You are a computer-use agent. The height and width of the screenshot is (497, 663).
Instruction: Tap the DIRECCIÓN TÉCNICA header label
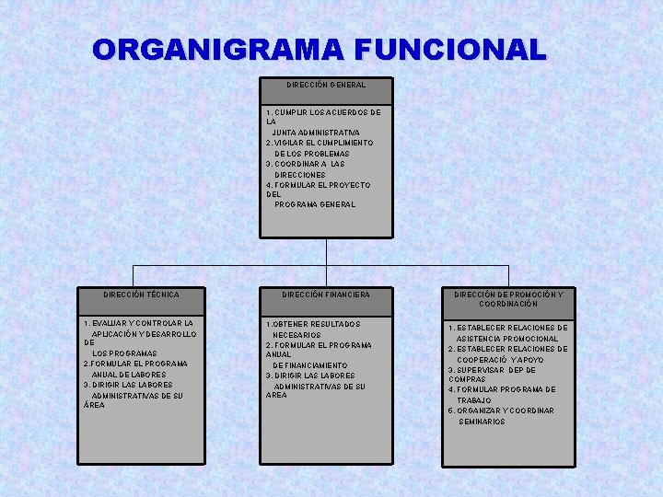(x=141, y=295)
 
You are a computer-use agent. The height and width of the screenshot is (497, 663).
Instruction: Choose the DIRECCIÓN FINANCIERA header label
(x=326, y=295)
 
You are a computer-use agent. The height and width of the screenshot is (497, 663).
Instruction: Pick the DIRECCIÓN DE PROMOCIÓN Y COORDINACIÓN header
(x=508, y=299)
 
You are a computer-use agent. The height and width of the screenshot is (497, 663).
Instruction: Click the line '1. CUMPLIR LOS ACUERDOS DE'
(x=323, y=112)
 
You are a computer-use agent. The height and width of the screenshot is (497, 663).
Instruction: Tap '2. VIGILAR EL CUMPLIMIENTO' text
(x=320, y=144)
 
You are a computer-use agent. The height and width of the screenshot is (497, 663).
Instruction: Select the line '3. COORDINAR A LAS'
(x=306, y=164)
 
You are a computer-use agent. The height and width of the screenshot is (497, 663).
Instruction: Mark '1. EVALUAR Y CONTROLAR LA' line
(x=139, y=324)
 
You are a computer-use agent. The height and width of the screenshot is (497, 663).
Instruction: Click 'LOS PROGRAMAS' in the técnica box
(x=124, y=353)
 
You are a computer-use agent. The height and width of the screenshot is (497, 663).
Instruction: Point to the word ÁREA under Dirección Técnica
(x=95, y=405)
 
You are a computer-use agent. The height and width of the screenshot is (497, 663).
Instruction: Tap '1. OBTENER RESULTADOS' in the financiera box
(x=313, y=324)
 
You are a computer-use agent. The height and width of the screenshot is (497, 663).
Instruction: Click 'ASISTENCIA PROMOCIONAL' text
(x=507, y=339)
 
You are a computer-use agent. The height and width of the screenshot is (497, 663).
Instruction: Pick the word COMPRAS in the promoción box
(x=467, y=379)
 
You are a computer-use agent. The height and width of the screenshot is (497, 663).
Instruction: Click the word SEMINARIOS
(x=482, y=422)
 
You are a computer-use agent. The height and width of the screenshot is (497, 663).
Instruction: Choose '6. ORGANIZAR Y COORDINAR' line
(x=501, y=410)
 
